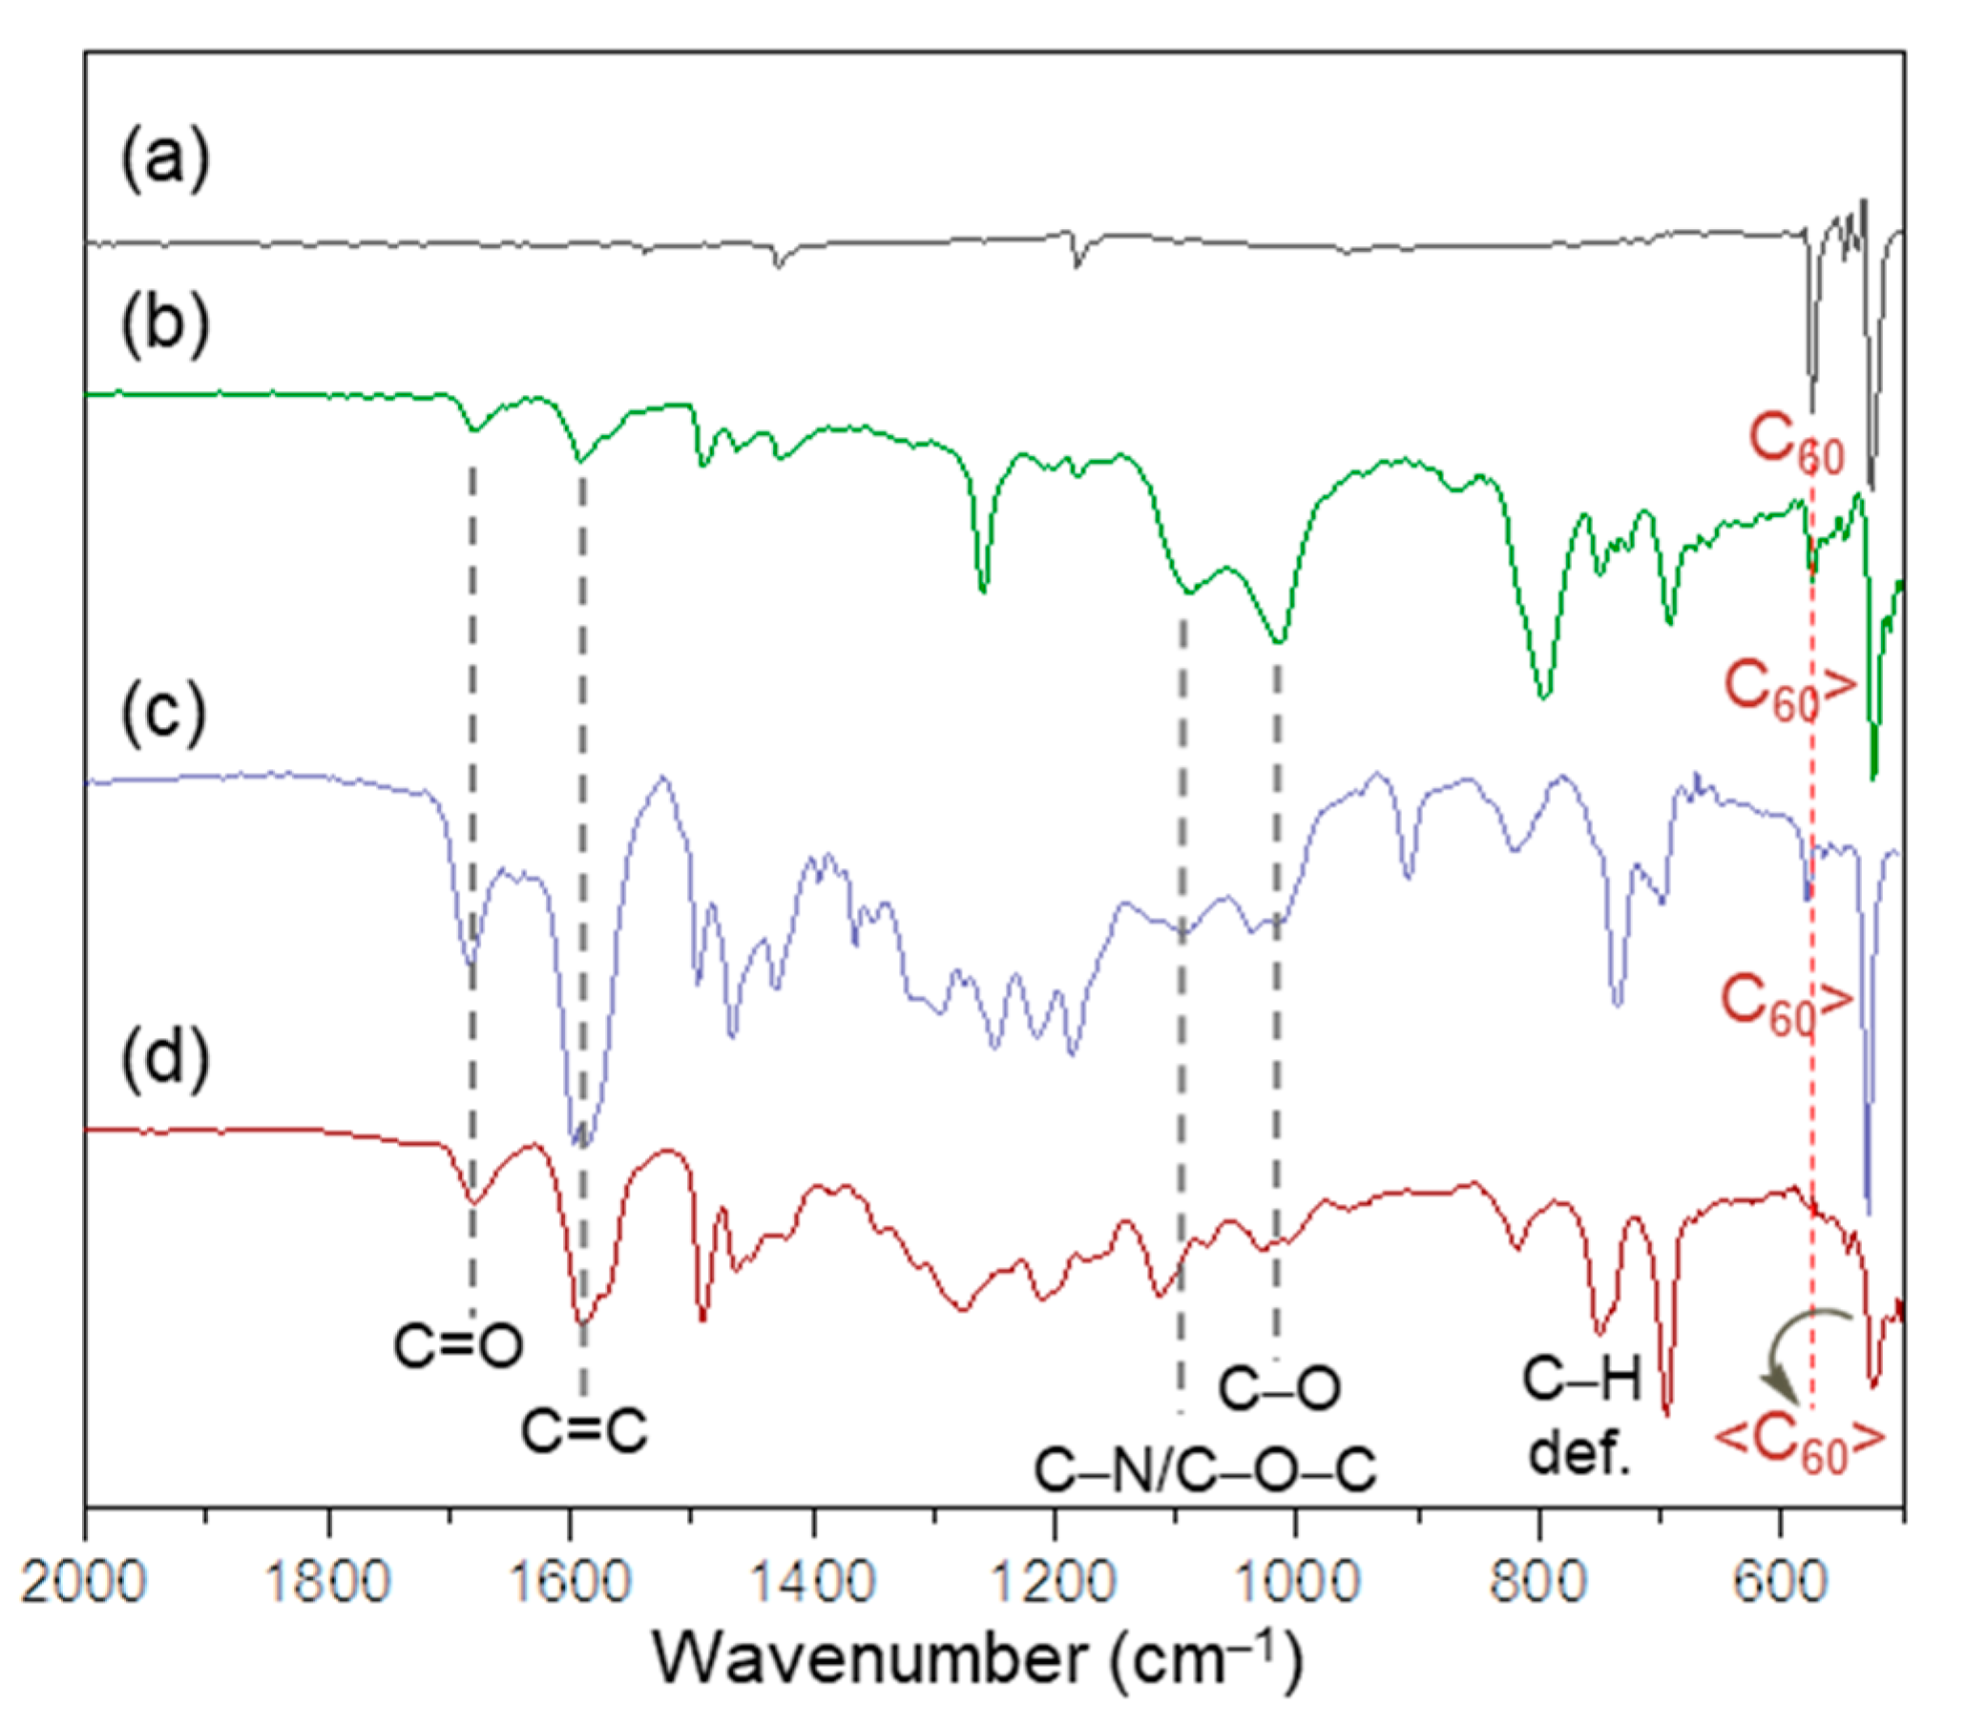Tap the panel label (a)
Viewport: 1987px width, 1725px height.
point(164,158)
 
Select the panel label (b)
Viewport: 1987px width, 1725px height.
point(164,324)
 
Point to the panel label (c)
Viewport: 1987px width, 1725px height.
point(164,713)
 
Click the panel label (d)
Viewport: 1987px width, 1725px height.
point(164,1059)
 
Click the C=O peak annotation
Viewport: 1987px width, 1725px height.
point(458,1345)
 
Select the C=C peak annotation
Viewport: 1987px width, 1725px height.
point(584,1429)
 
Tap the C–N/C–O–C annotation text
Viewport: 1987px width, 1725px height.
point(1205,1471)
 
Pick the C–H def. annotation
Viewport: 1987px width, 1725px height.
point(1580,1416)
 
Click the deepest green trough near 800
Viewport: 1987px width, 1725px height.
point(1543,695)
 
